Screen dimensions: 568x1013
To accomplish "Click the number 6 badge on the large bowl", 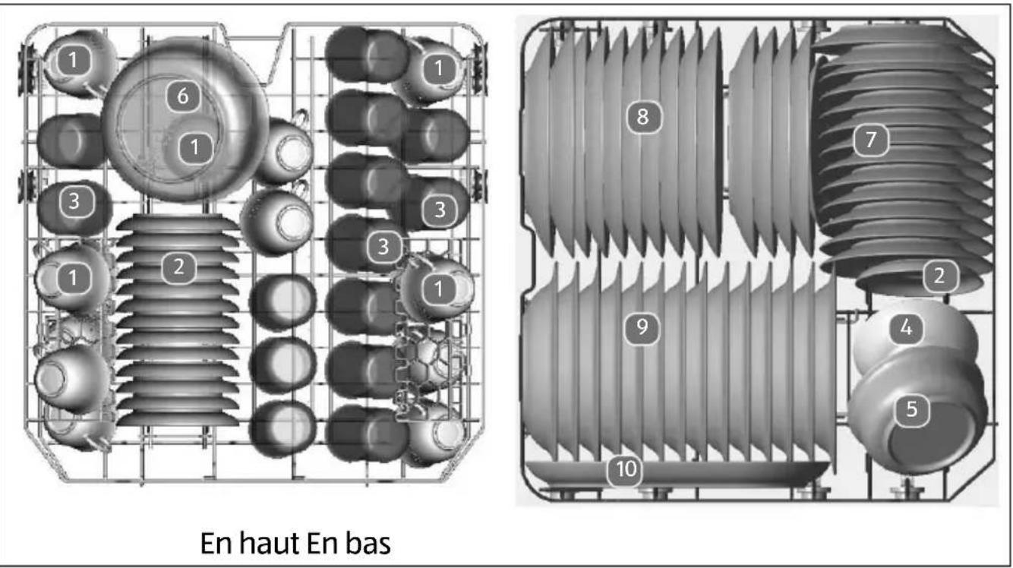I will tap(182, 96).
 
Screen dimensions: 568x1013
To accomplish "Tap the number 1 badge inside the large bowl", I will tap(196, 147).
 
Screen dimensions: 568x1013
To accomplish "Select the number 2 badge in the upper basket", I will tap(178, 266).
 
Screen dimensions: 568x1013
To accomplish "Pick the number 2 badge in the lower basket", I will tap(939, 277).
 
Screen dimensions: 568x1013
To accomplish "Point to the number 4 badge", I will tap(907, 329).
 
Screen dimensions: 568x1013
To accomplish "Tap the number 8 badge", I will tap(643, 117).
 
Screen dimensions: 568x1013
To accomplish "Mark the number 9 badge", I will tap(642, 327).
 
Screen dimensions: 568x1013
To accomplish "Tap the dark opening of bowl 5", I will tap(930, 433).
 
